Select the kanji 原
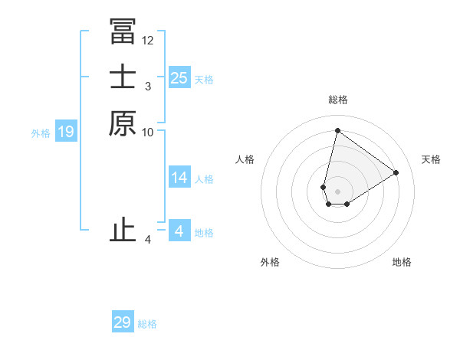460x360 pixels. [x=123, y=123]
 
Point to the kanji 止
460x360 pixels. [x=123, y=231]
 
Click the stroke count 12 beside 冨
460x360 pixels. [x=148, y=40]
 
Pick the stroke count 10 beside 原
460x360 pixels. [x=148, y=132]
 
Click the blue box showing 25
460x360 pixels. [x=179, y=78]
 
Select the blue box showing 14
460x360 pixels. [x=179, y=178]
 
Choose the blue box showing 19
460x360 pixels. [x=66, y=132]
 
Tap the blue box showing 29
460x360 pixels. [x=123, y=322]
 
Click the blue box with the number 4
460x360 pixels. [x=179, y=231]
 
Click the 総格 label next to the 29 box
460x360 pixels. [x=148, y=324]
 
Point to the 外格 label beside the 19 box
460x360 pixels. [x=41, y=133]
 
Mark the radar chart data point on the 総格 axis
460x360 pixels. [x=337, y=130]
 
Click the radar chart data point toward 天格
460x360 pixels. [x=396, y=172]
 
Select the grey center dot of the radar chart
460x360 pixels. [x=337, y=191]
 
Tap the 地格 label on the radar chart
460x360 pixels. [x=402, y=262]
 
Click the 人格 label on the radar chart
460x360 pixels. [x=245, y=159]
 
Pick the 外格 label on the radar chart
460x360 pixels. [x=270, y=262]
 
